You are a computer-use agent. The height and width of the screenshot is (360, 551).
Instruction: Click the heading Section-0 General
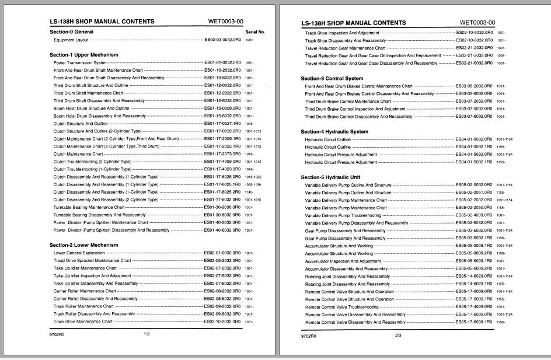pos(71,32)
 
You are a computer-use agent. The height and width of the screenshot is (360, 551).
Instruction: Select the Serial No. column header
pos(255,32)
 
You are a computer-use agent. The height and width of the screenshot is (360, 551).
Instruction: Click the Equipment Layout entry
pos(71,40)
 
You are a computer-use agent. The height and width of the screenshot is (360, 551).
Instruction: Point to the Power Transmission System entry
pos(81,62)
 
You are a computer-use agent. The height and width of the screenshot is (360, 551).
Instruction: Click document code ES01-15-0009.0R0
pos(222,108)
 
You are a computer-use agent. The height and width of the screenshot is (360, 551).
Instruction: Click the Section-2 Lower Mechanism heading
pos(83,245)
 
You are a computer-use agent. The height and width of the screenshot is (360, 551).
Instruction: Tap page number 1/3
pos(147,334)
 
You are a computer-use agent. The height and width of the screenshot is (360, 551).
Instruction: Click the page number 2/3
pos(399,335)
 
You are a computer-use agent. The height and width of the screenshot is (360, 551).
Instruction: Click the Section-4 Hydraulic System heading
pos(334,132)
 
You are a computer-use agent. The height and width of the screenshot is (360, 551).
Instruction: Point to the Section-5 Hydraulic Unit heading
pos(332,177)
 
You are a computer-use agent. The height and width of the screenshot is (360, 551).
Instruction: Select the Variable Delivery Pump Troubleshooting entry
pos(343,215)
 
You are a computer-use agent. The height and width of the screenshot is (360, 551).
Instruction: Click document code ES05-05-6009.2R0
pos(474,268)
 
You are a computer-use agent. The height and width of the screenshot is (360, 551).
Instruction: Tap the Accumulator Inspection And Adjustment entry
pos(343,261)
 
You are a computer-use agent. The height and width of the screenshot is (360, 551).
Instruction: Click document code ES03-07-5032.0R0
pos(474,109)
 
